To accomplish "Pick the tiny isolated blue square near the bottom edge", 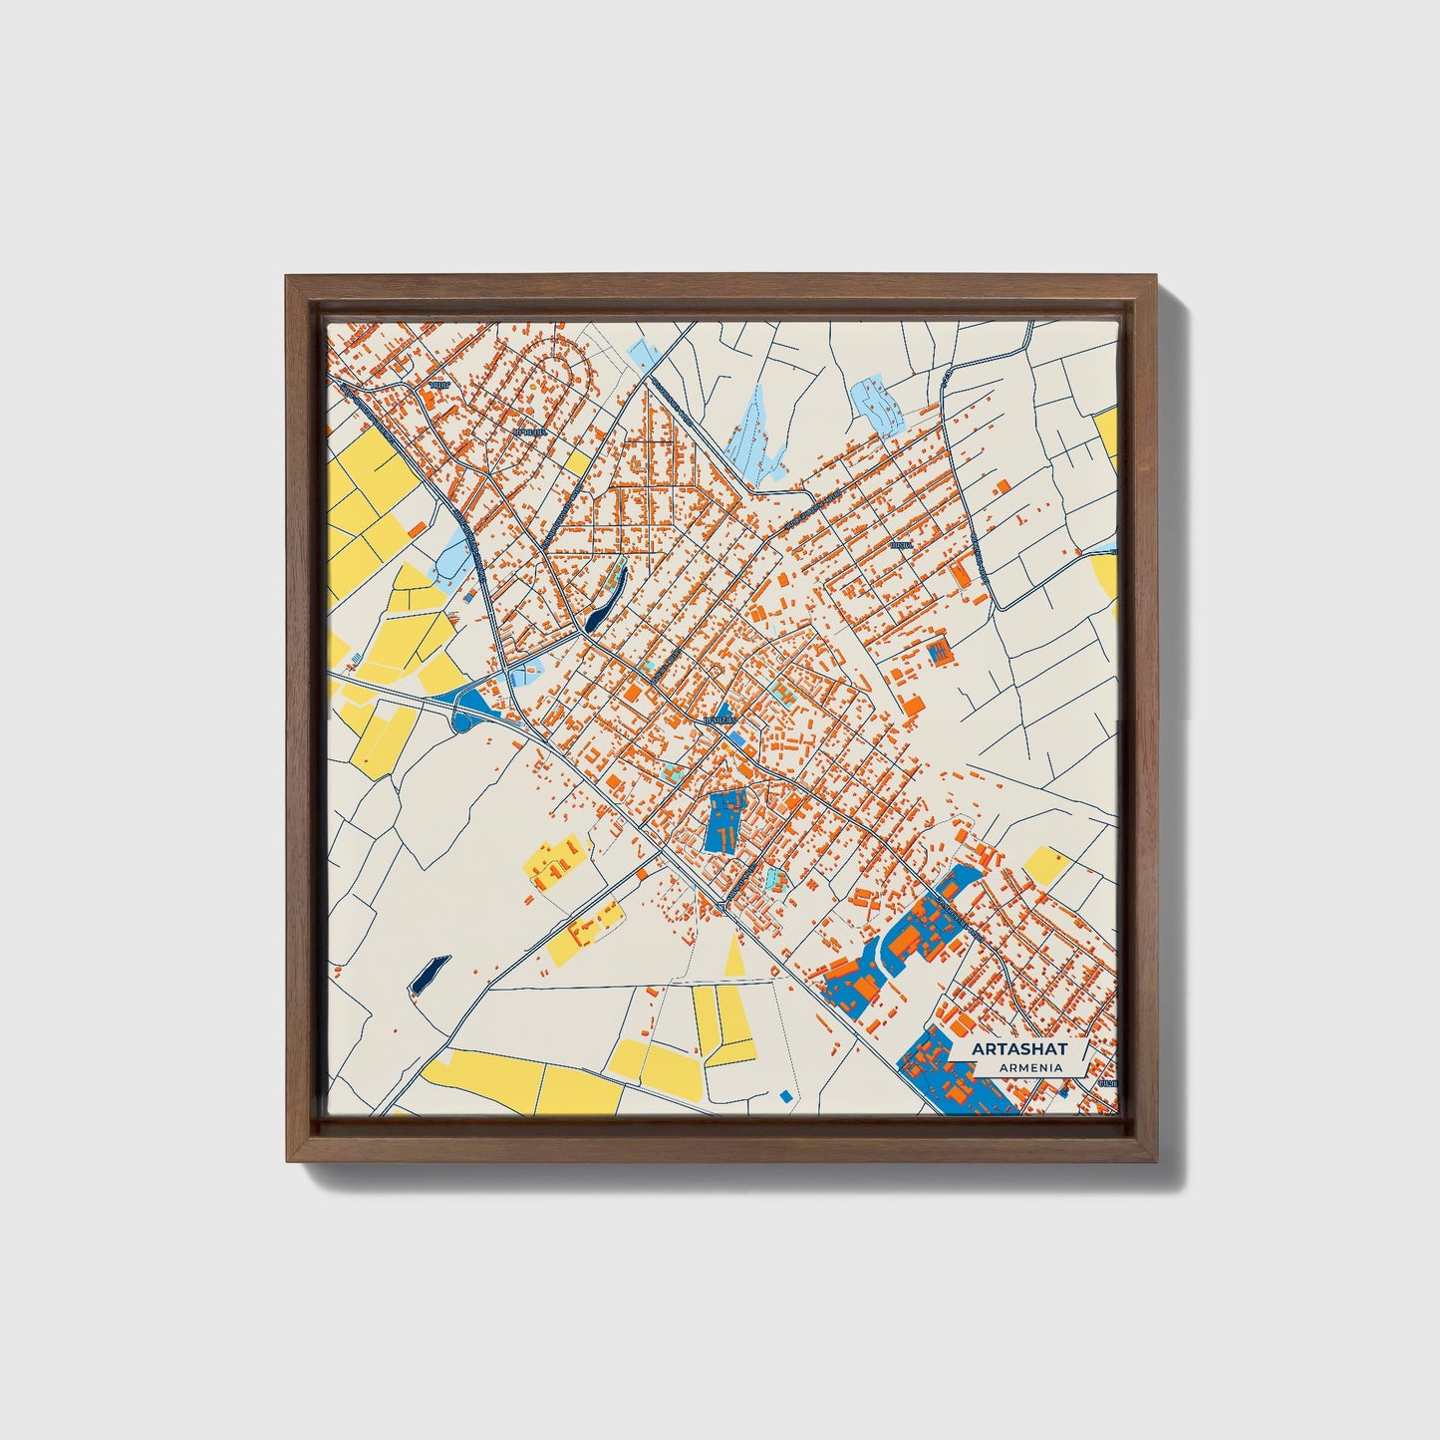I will click(785, 1096).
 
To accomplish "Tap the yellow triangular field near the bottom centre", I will click(735, 958).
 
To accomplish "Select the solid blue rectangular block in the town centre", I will click(724, 821).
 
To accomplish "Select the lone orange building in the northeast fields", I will click(1001, 485).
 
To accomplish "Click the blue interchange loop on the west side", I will click(468, 706).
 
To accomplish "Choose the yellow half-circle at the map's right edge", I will click(1106, 576).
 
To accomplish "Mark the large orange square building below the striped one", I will click(912, 706).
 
